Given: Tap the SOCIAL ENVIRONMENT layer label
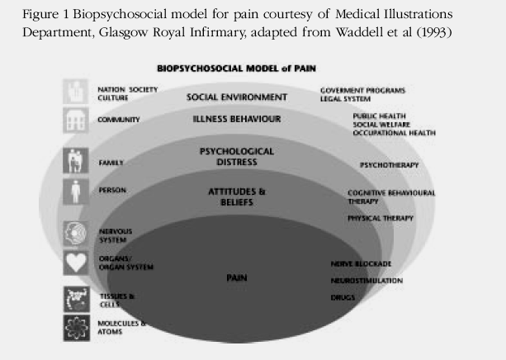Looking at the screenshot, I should pos(237,97).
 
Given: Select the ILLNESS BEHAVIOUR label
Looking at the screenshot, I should pos(237,120).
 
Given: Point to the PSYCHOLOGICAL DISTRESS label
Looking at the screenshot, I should pos(237,157).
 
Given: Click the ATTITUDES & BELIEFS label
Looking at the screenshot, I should pos(237,197).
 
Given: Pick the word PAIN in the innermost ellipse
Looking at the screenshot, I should pos(237,278).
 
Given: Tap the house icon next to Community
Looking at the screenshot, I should pos(76,121).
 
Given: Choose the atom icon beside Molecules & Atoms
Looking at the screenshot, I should pos(76,328).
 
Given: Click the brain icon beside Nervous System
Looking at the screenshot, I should pos(76,233).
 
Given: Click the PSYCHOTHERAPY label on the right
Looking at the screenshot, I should pos(389,165).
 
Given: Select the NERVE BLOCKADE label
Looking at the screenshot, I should pos(361,263).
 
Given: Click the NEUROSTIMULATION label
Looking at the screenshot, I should pos(366,281).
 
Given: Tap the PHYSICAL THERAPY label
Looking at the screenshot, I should pos(380,218).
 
